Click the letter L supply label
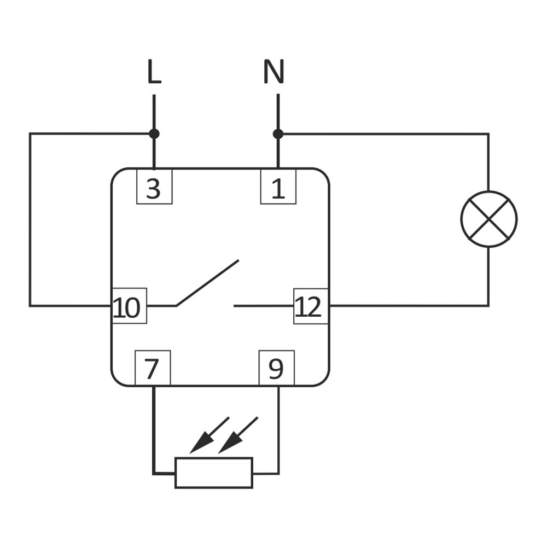[154, 72]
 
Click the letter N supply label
[273, 72]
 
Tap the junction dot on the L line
[154, 133]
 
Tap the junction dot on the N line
[278, 133]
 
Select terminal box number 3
[154, 187]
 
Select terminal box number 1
[278, 187]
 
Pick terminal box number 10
[129, 306]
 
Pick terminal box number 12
[311, 306]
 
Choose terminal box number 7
[152, 368]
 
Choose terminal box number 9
[276, 368]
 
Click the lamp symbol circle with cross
[488, 219]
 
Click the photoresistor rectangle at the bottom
[214, 473]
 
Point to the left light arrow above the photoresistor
[210, 435]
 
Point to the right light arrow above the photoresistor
[238, 435]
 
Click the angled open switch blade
[208, 282]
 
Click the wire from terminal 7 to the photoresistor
[154, 432]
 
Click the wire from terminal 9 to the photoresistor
[278, 432]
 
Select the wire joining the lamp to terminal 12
[410, 305]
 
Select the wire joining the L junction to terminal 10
[30, 219]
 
